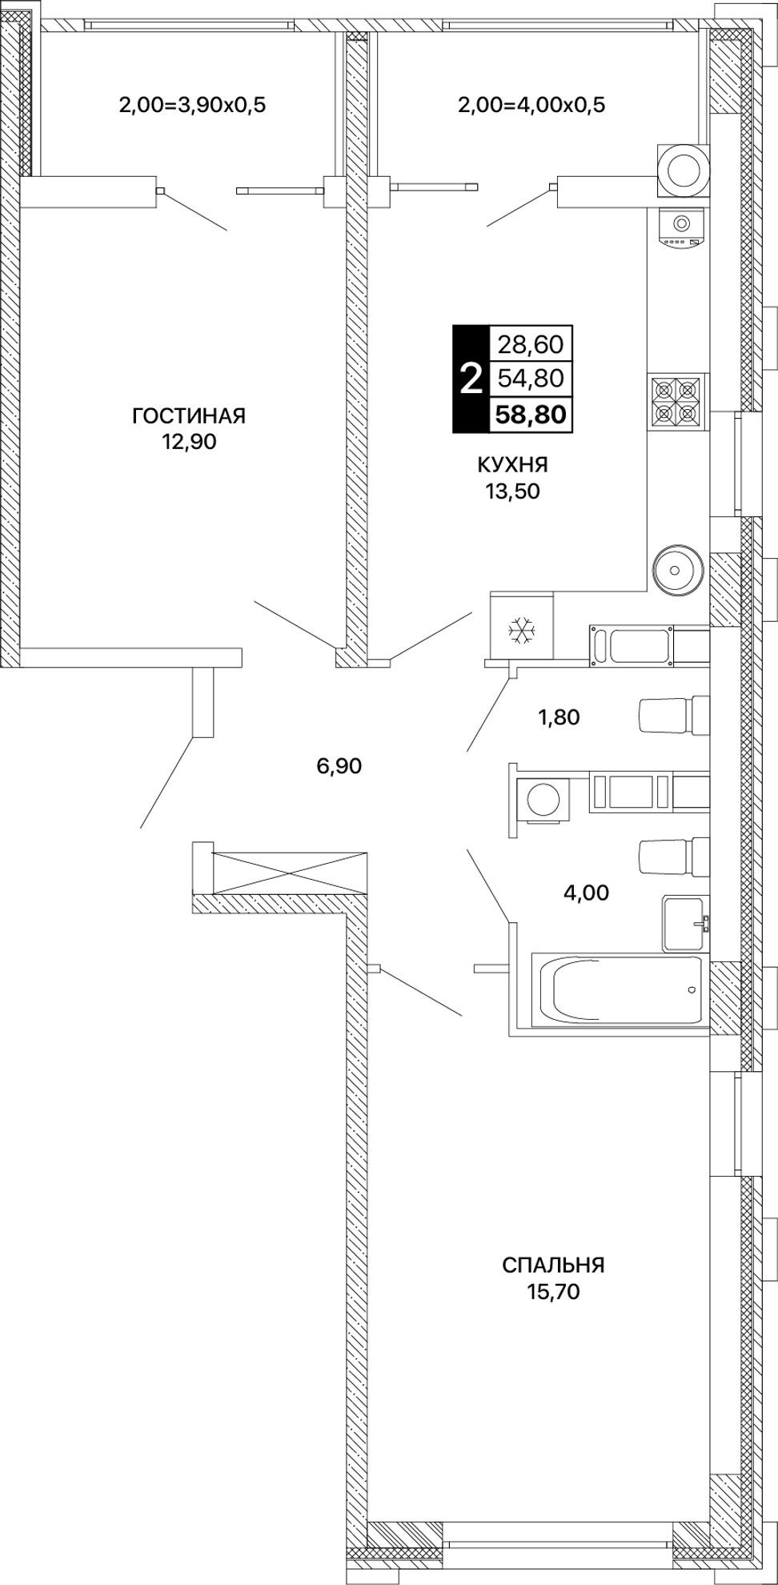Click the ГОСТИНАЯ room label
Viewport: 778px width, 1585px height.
[x=189, y=416]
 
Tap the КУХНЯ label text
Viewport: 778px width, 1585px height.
[x=512, y=466]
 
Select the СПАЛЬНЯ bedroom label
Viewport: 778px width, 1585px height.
[x=553, y=1265]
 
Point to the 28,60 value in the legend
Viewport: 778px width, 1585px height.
[x=531, y=345]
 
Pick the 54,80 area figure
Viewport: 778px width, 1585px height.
[x=531, y=378]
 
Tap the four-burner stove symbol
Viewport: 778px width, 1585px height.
[x=676, y=400]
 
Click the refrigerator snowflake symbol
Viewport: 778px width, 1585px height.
[x=522, y=631]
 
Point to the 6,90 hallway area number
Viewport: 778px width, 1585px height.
[x=339, y=766]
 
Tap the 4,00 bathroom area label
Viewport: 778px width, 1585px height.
[x=586, y=892]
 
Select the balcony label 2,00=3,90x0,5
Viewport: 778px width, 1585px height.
[x=191, y=105]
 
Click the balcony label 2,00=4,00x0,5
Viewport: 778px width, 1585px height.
[x=531, y=105]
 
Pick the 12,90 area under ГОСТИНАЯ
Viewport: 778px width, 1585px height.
[x=189, y=442]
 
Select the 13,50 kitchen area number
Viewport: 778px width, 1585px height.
[x=512, y=492]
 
